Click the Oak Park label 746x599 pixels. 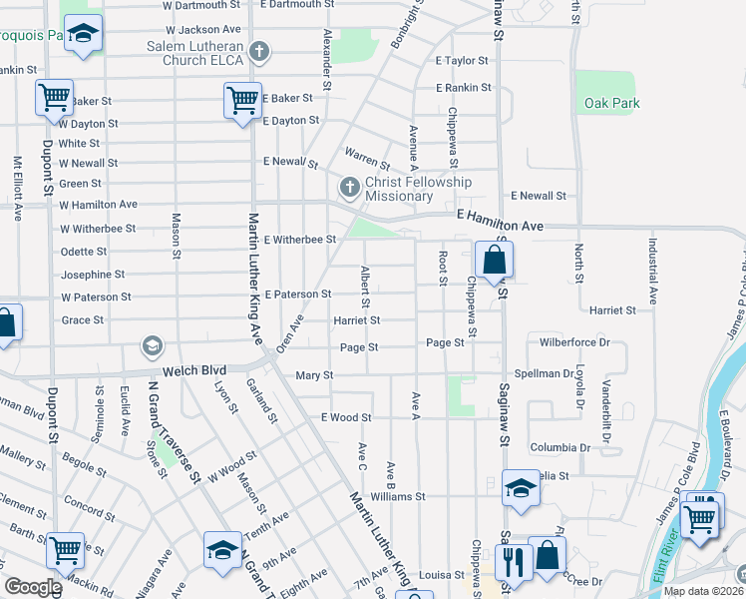611,103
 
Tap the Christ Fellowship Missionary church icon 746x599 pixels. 349,187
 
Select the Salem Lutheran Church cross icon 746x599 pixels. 259,51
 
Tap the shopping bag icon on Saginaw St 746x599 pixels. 495,262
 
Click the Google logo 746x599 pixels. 32,587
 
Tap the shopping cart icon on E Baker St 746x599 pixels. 242,101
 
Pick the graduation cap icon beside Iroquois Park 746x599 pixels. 85,34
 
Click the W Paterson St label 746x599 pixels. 96,298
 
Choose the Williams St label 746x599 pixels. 397,496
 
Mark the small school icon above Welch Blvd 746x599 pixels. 152,345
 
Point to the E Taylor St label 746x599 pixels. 461,61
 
